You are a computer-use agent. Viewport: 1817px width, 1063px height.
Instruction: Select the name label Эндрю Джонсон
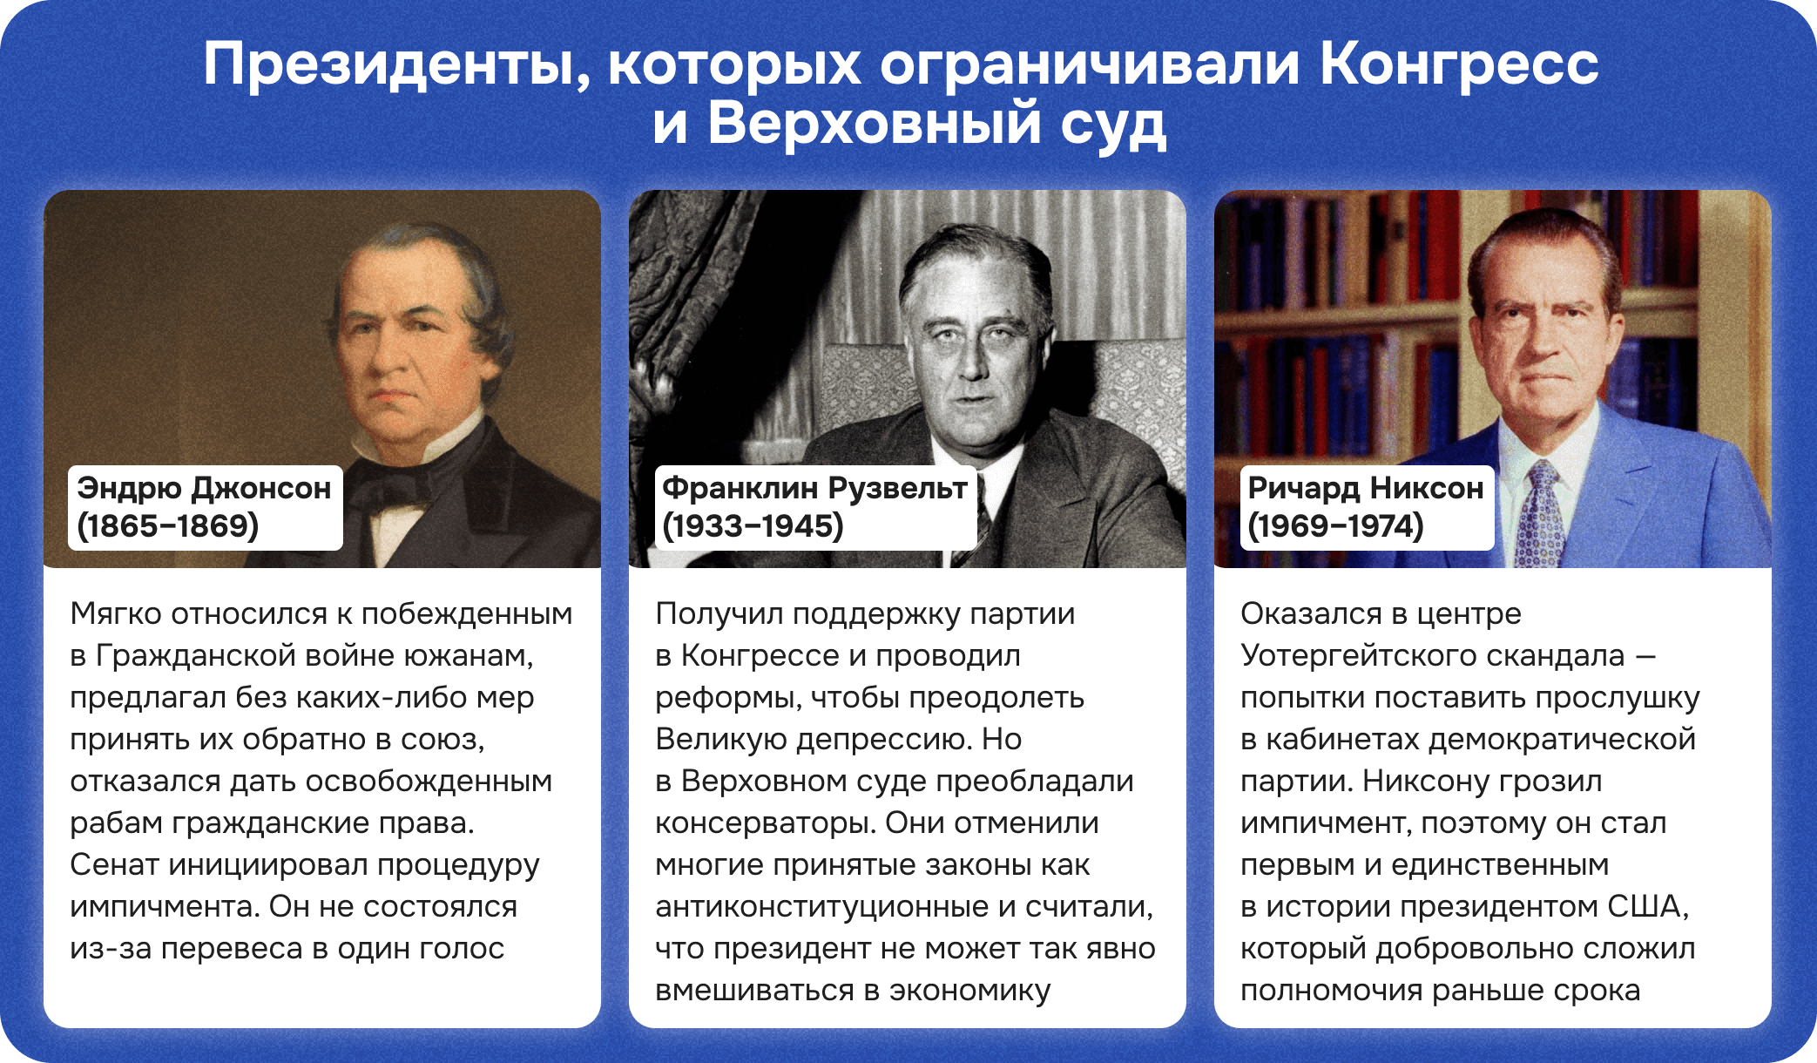[x=204, y=488]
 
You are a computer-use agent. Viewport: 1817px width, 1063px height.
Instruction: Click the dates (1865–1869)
[x=167, y=526]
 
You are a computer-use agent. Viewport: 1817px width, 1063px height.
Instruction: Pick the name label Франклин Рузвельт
[x=814, y=488]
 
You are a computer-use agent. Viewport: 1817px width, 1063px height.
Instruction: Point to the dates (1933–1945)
[x=753, y=526]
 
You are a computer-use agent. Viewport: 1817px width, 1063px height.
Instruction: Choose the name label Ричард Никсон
[x=1365, y=488]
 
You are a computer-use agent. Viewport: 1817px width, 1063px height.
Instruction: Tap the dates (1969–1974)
[x=1335, y=526]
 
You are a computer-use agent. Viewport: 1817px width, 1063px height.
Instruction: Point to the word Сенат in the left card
[x=114, y=864]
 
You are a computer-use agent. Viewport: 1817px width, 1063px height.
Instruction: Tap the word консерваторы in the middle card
[x=766, y=823]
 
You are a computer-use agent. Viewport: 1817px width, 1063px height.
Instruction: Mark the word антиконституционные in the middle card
[x=821, y=906]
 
